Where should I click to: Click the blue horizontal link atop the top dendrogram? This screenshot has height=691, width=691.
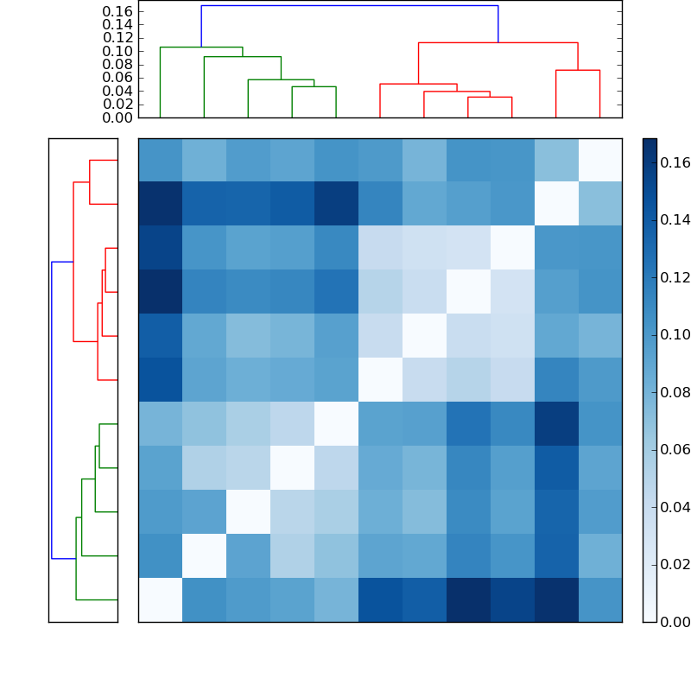tap(349, 6)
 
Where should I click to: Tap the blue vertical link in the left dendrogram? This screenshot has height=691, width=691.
tap(52, 410)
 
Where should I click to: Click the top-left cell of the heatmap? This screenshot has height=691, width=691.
tap(160, 160)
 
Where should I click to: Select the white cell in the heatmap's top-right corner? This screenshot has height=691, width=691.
tap(599, 160)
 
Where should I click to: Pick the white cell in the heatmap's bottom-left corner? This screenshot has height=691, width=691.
tap(160, 599)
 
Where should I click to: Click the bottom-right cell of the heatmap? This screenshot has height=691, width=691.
tap(599, 599)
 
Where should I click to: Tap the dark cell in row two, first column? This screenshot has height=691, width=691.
tap(160, 204)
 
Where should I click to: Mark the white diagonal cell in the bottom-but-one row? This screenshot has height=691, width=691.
tap(204, 555)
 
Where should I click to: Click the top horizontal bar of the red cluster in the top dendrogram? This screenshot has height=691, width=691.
tap(498, 42)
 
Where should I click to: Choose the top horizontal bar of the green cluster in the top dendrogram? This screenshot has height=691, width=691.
tap(201, 48)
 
